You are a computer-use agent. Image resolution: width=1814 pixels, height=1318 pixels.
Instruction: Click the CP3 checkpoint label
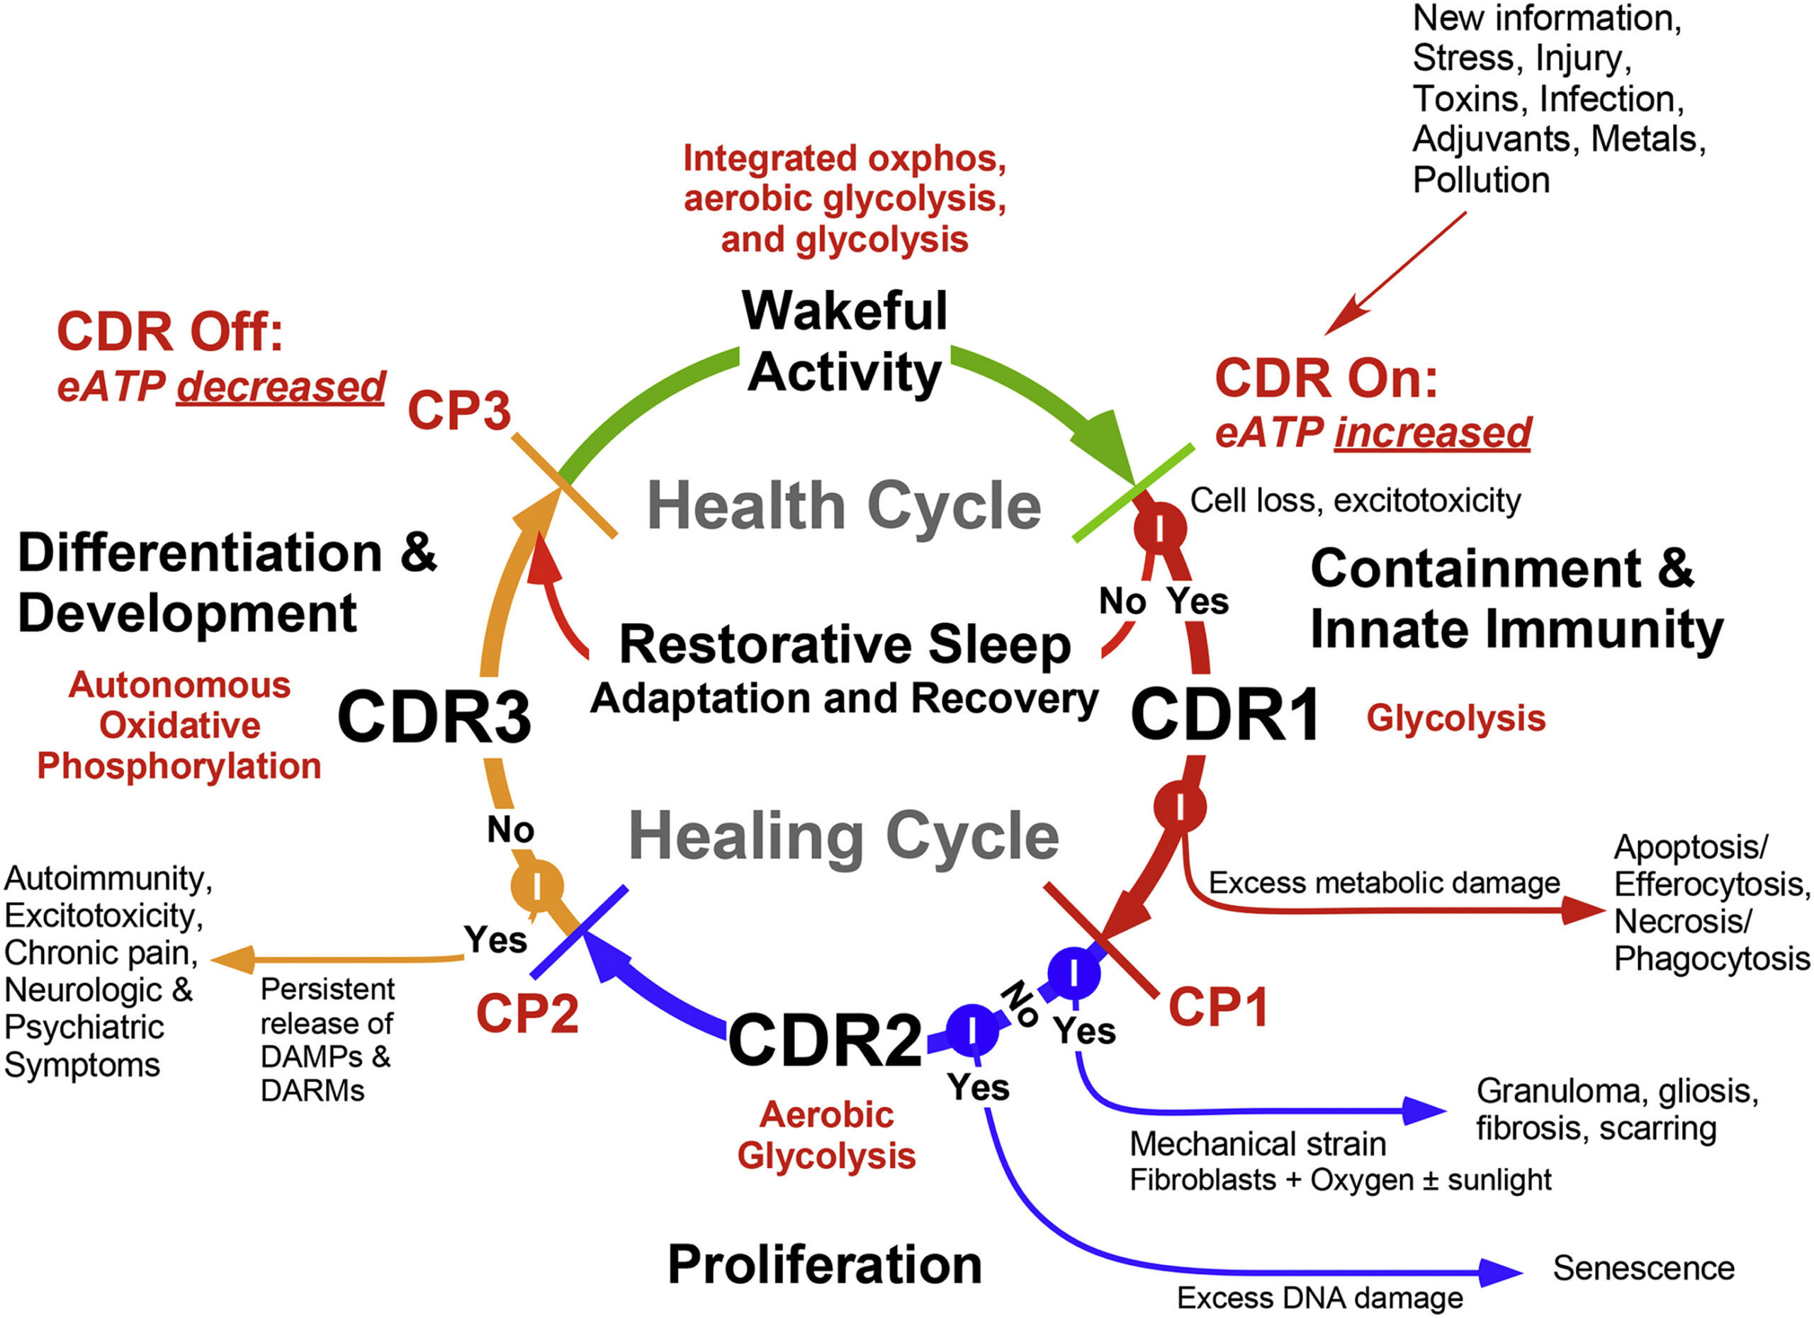pyautogui.click(x=459, y=410)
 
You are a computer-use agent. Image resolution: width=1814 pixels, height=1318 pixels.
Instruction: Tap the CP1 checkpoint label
pyautogui.click(x=1218, y=1006)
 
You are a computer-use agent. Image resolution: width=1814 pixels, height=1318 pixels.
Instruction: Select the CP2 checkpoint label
pyautogui.click(x=527, y=1013)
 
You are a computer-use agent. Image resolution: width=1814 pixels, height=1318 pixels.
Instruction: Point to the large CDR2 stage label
pyautogui.click(x=825, y=1040)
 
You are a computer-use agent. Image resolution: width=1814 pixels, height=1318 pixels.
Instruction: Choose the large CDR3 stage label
pyautogui.click(x=434, y=716)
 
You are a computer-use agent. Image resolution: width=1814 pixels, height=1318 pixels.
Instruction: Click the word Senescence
pyautogui.click(x=1644, y=1268)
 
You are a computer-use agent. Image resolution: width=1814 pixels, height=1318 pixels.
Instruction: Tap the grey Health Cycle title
pyautogui.click(x=844, y=505)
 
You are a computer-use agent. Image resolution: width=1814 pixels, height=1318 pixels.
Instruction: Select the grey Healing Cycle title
pyautogui.click(x=844, y=835)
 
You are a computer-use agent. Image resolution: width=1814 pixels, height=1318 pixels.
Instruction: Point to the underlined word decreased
pyautogui.click(x=281, y=386)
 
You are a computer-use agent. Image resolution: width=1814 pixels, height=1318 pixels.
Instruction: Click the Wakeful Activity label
pyautogui.click(x=845, y=342)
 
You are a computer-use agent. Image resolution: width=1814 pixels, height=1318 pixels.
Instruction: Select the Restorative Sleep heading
pyautogui.click(x=845, y=644)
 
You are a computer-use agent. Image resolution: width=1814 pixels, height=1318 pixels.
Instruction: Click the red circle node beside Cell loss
pyautogui.click(x=1161, y=528)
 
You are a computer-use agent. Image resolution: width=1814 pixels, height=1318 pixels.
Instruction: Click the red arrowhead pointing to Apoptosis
pyautogui.click(x=1584, y=909)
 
